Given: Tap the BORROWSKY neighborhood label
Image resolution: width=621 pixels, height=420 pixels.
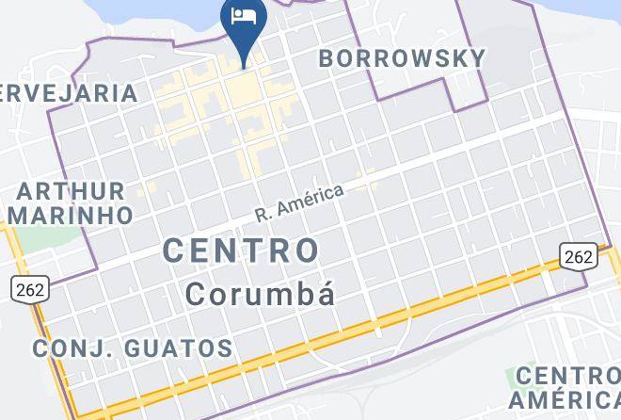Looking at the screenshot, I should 402,57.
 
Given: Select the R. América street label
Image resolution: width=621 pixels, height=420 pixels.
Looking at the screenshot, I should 300,202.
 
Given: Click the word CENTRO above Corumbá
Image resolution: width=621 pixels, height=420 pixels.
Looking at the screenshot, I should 242,250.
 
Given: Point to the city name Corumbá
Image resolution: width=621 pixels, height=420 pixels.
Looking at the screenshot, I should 260,293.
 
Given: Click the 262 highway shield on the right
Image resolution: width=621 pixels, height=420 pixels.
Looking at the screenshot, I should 578,254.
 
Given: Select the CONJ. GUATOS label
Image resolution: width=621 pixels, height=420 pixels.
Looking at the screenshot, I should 133,348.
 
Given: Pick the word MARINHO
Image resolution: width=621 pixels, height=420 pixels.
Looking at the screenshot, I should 74,215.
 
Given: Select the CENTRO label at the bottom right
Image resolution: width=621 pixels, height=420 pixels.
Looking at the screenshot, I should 567,377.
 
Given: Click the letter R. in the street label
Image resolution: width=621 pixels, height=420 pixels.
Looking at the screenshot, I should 263,215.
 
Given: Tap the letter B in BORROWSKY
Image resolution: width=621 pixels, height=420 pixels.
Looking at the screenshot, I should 327,57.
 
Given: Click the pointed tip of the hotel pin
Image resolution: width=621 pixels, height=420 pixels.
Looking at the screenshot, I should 244,66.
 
